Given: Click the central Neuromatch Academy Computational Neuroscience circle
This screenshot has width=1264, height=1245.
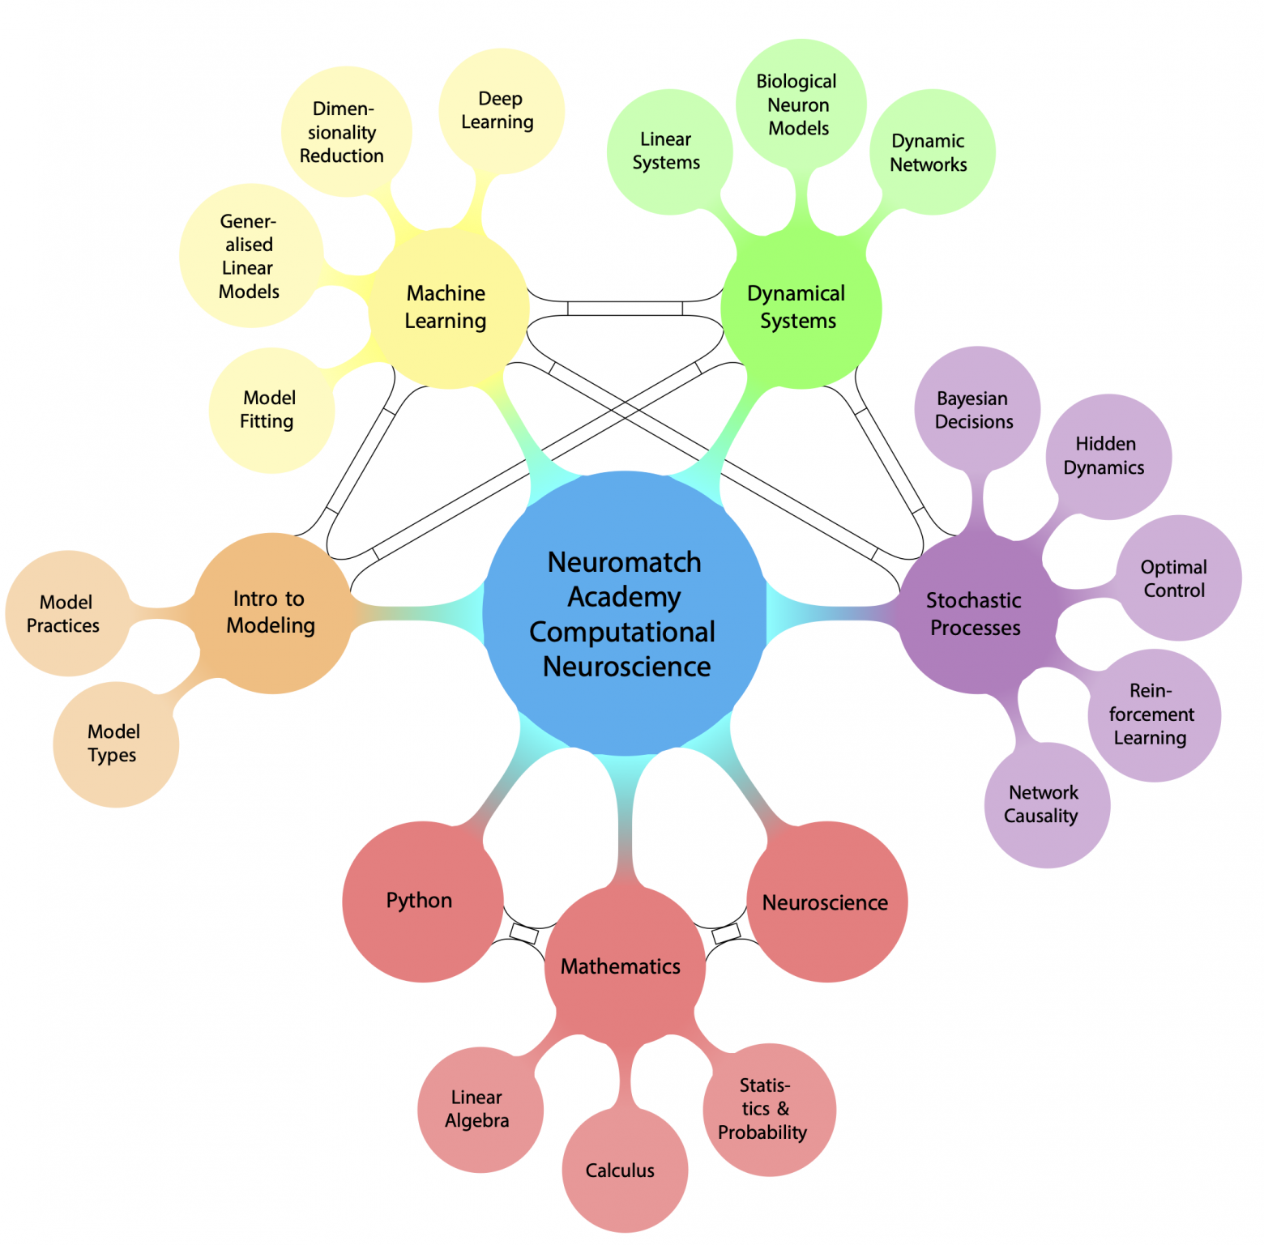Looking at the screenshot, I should click(x=625, y=613).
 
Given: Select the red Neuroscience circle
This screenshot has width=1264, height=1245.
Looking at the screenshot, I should click(x=826, y=902).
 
